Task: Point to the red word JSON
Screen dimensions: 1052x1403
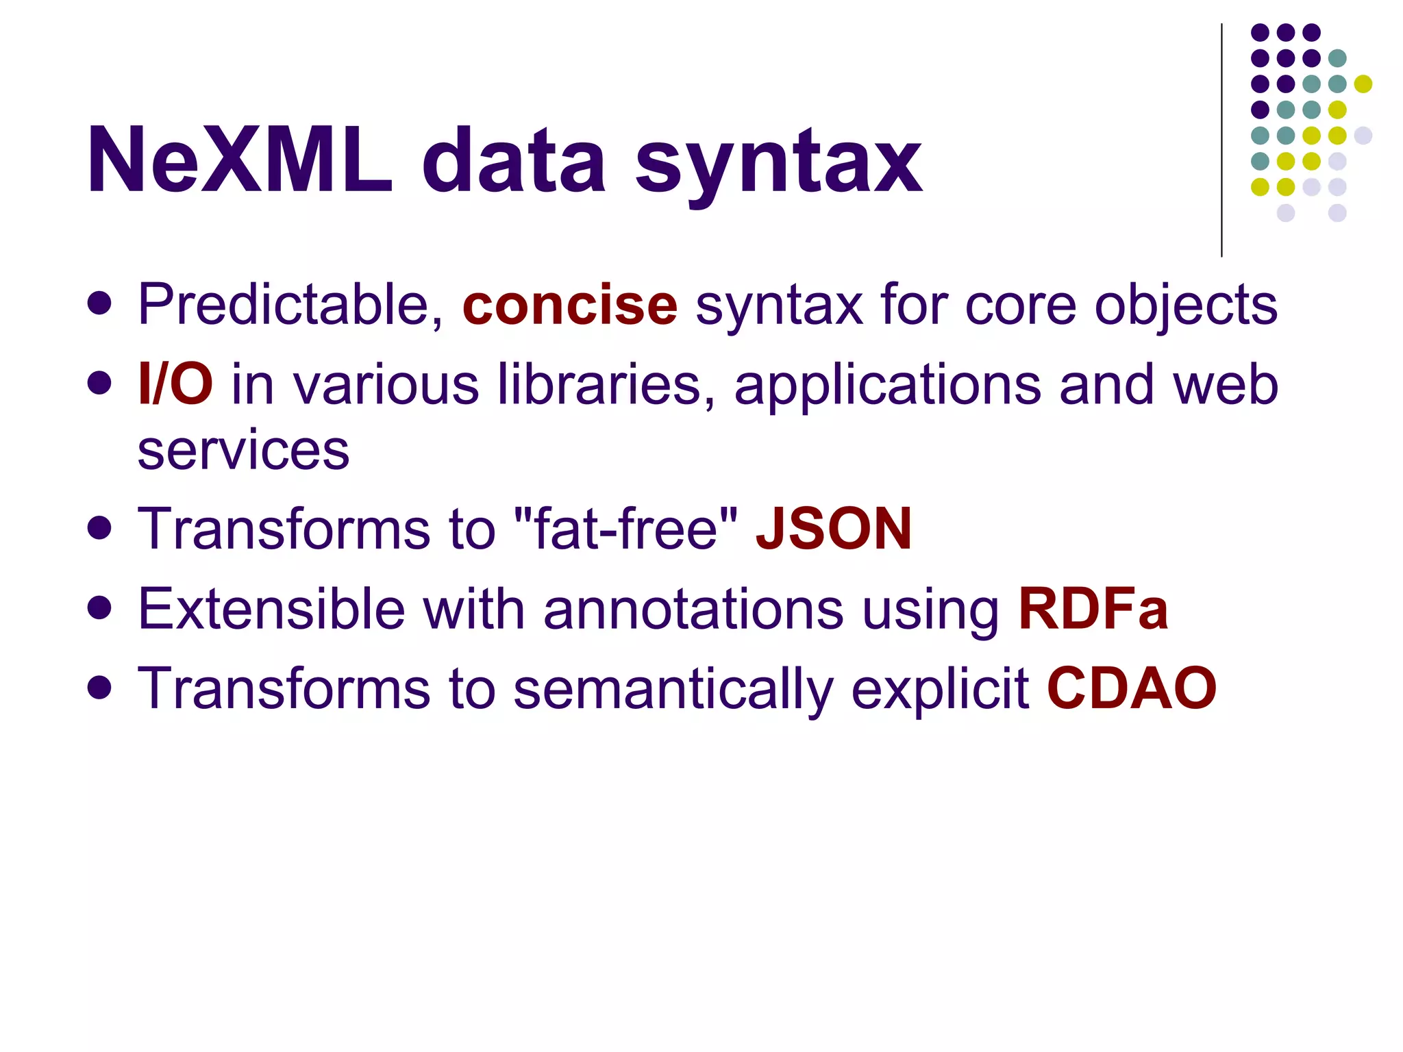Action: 834,529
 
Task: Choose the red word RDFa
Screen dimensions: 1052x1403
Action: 1093,608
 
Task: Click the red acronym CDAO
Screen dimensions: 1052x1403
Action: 1132,688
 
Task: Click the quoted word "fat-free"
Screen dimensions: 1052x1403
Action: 625,529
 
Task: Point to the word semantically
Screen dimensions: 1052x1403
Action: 673,689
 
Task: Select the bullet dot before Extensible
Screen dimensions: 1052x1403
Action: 100,608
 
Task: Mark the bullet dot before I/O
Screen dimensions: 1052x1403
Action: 100,384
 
